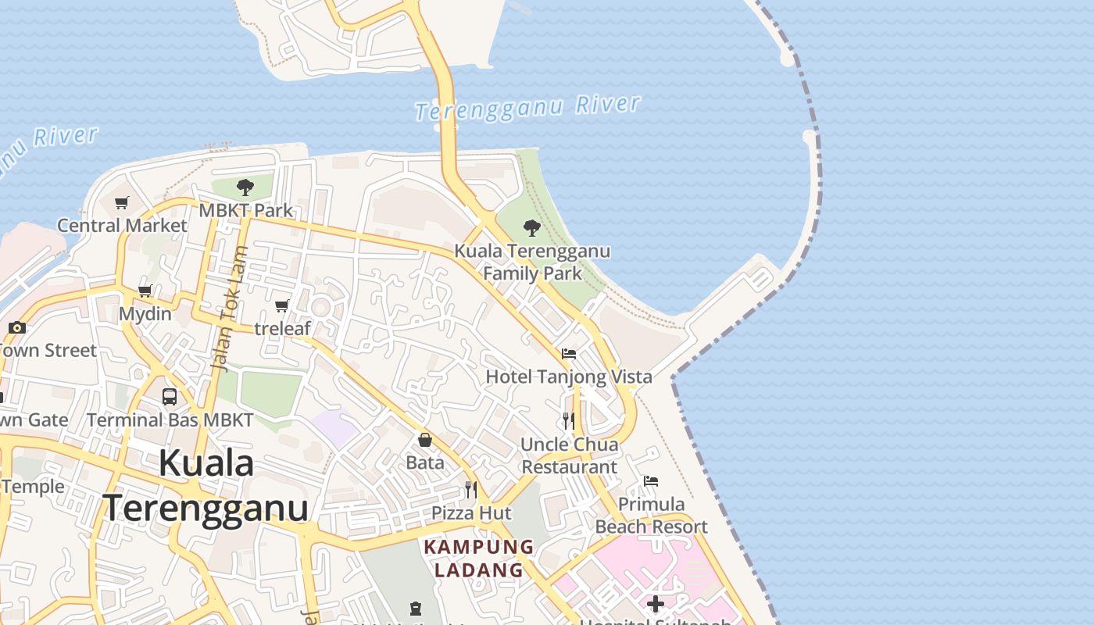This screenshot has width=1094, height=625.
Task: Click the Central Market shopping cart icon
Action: [x=121, y=203]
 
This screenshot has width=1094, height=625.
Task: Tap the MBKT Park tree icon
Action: [x=245, y=187]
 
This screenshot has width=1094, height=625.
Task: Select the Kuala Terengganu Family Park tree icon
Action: [x=532, y=228]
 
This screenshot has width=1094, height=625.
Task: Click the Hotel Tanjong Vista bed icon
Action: [x=569, y=354]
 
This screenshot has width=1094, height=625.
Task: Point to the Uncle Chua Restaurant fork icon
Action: [x=569, y=421]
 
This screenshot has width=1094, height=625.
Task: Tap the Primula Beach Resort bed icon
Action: [x=651, y=481]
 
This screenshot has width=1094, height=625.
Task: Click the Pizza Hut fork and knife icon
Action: [x=471, y=490]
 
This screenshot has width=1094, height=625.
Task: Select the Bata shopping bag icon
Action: [x=425, y=440]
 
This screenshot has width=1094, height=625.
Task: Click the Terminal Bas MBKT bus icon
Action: [x=170, y=396]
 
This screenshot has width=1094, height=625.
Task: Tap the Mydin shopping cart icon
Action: [x=145, y=291]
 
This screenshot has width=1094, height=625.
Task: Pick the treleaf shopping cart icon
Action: [x=282, y=305]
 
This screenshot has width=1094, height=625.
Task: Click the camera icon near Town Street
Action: [x=17, y=327]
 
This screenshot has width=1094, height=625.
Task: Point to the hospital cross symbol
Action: [x=656, y=604]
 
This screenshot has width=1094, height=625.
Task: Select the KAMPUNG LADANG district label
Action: [x=478, y=559]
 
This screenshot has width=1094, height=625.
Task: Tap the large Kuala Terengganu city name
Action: [x=206, y=485]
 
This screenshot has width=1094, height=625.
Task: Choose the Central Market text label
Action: [x=123, y=226]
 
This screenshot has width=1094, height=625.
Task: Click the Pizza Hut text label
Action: [x=472, y=513]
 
